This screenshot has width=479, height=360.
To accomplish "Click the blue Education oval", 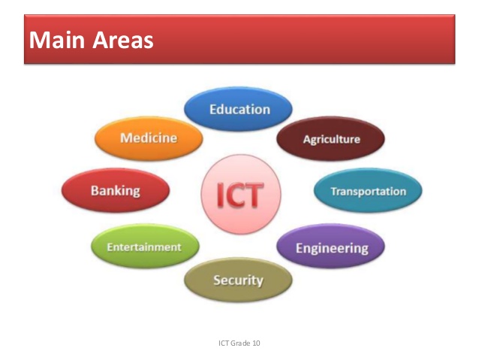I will coord(239,110).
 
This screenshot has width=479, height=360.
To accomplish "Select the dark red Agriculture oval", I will coord(331,139).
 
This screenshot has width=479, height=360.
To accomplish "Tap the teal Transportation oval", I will coord(367,191).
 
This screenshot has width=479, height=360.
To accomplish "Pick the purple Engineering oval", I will coord(331,247).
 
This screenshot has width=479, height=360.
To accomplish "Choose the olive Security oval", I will coord(238,280).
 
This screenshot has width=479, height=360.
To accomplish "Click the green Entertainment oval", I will coord(144,247).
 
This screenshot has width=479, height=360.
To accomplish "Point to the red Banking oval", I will coord(116,191).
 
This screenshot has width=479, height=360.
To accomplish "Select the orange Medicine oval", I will coord(149,138).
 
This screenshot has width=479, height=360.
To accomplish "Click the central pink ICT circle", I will coord(240,195).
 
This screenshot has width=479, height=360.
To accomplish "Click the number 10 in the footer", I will coord(256,343).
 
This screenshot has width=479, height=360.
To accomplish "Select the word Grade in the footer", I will coord(240,343).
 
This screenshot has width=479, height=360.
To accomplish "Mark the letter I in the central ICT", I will coord(221,195).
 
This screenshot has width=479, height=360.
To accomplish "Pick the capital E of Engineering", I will coord(300,247).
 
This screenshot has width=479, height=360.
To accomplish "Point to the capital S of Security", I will coord(217,280).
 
